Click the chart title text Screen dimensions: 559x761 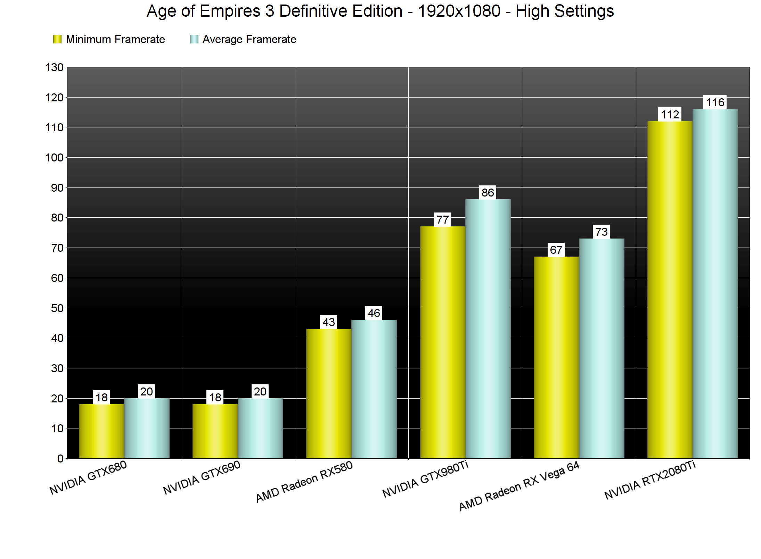click(380, 11)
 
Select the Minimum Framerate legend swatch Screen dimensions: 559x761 click(57, 39)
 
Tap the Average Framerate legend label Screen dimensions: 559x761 click(249, 40)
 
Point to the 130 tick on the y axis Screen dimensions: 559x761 click(55, 67)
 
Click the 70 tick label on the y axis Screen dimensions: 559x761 click(57, 248)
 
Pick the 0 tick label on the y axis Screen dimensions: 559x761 click(60, 459)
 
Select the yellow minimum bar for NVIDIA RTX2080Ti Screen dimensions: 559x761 click(670, 290)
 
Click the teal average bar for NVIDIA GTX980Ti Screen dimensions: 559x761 click(488, 328)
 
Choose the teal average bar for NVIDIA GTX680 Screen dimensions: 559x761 click(147, 428)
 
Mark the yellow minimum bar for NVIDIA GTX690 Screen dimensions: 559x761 click(215, 431)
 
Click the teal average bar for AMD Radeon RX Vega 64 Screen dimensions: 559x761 click(602, 348)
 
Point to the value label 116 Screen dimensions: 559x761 click(715, 102)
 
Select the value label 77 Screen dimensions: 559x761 click(442, 220)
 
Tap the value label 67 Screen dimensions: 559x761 click(556, 250)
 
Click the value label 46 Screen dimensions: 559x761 click(374, 313)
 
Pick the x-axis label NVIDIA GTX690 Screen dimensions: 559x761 click(202, 478)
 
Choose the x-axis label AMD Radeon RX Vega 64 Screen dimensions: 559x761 click(519, 486)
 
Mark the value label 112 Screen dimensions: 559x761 click(670, 115)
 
